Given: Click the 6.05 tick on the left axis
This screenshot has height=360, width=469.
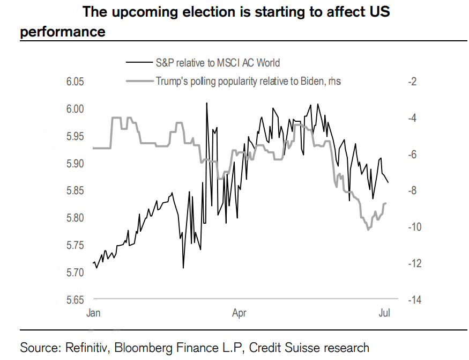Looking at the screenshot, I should pyautogui.click(x=75, y=82).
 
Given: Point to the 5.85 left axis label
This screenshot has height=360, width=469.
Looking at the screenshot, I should pyautogui.click(x=75, y=190).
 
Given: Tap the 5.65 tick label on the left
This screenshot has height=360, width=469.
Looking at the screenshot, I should pyautogui.click(x=75, y=300).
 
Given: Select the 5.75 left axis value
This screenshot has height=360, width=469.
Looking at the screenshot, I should pyautogui.click(x=75, y=245).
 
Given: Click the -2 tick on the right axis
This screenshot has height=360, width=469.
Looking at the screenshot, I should pyautogui.click(x=412, y=82).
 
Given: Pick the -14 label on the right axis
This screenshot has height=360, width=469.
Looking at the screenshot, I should pyautogui.click(x=414, y=300).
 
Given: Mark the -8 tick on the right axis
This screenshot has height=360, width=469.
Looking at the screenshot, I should pyautogui.click(x=412, y=190).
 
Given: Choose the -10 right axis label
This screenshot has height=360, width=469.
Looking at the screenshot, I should pyautogui.click(x=414, y=227).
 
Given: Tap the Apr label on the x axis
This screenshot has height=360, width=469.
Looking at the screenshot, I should pyautogui.click(x=239, y=313).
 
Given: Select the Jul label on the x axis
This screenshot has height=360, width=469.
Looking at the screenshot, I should pyautogui.click(x=384, y=313).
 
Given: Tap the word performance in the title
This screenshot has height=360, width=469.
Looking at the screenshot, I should pyautogui.click(x=63, y=32).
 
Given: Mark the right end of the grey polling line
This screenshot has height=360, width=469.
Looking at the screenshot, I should pyautogui.click(x=386, y=203).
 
